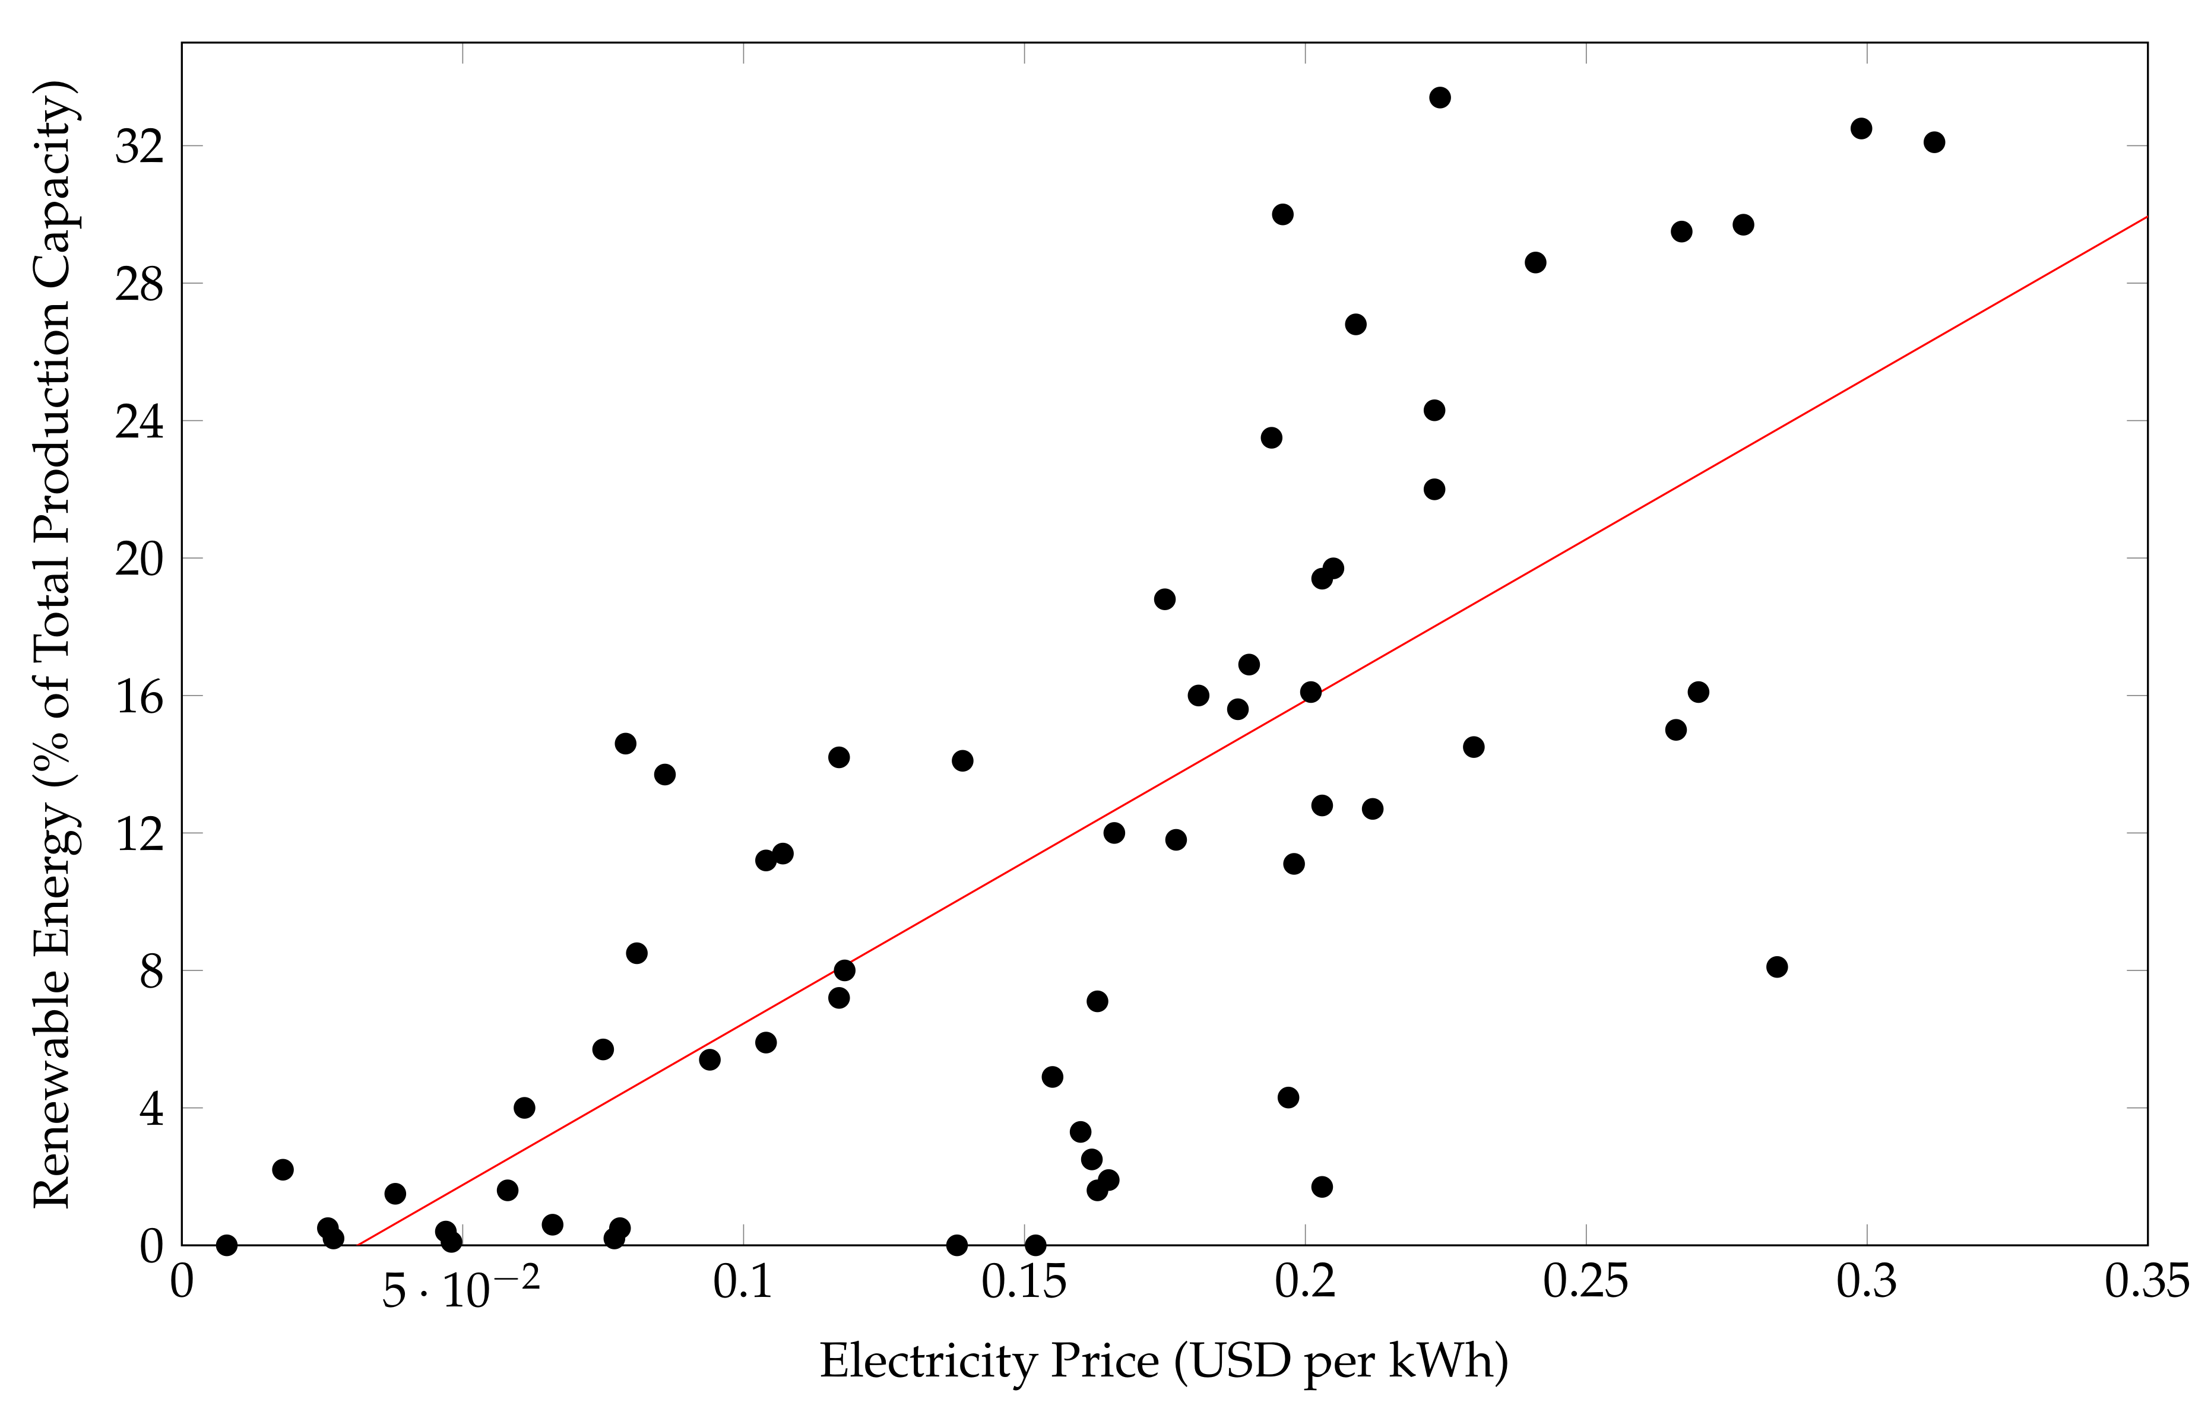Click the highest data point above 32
[x=1439, y=97]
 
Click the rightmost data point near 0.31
[x=1934, y=142]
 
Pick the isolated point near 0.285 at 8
[x=1776, y=967]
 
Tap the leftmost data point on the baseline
[x=226, y=1245]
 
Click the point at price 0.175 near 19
[x=1164, y=599]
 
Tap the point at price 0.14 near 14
[x=962, y=761]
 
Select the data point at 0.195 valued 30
[x=1282, y=214]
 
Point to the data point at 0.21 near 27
[x=1354, y=324]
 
